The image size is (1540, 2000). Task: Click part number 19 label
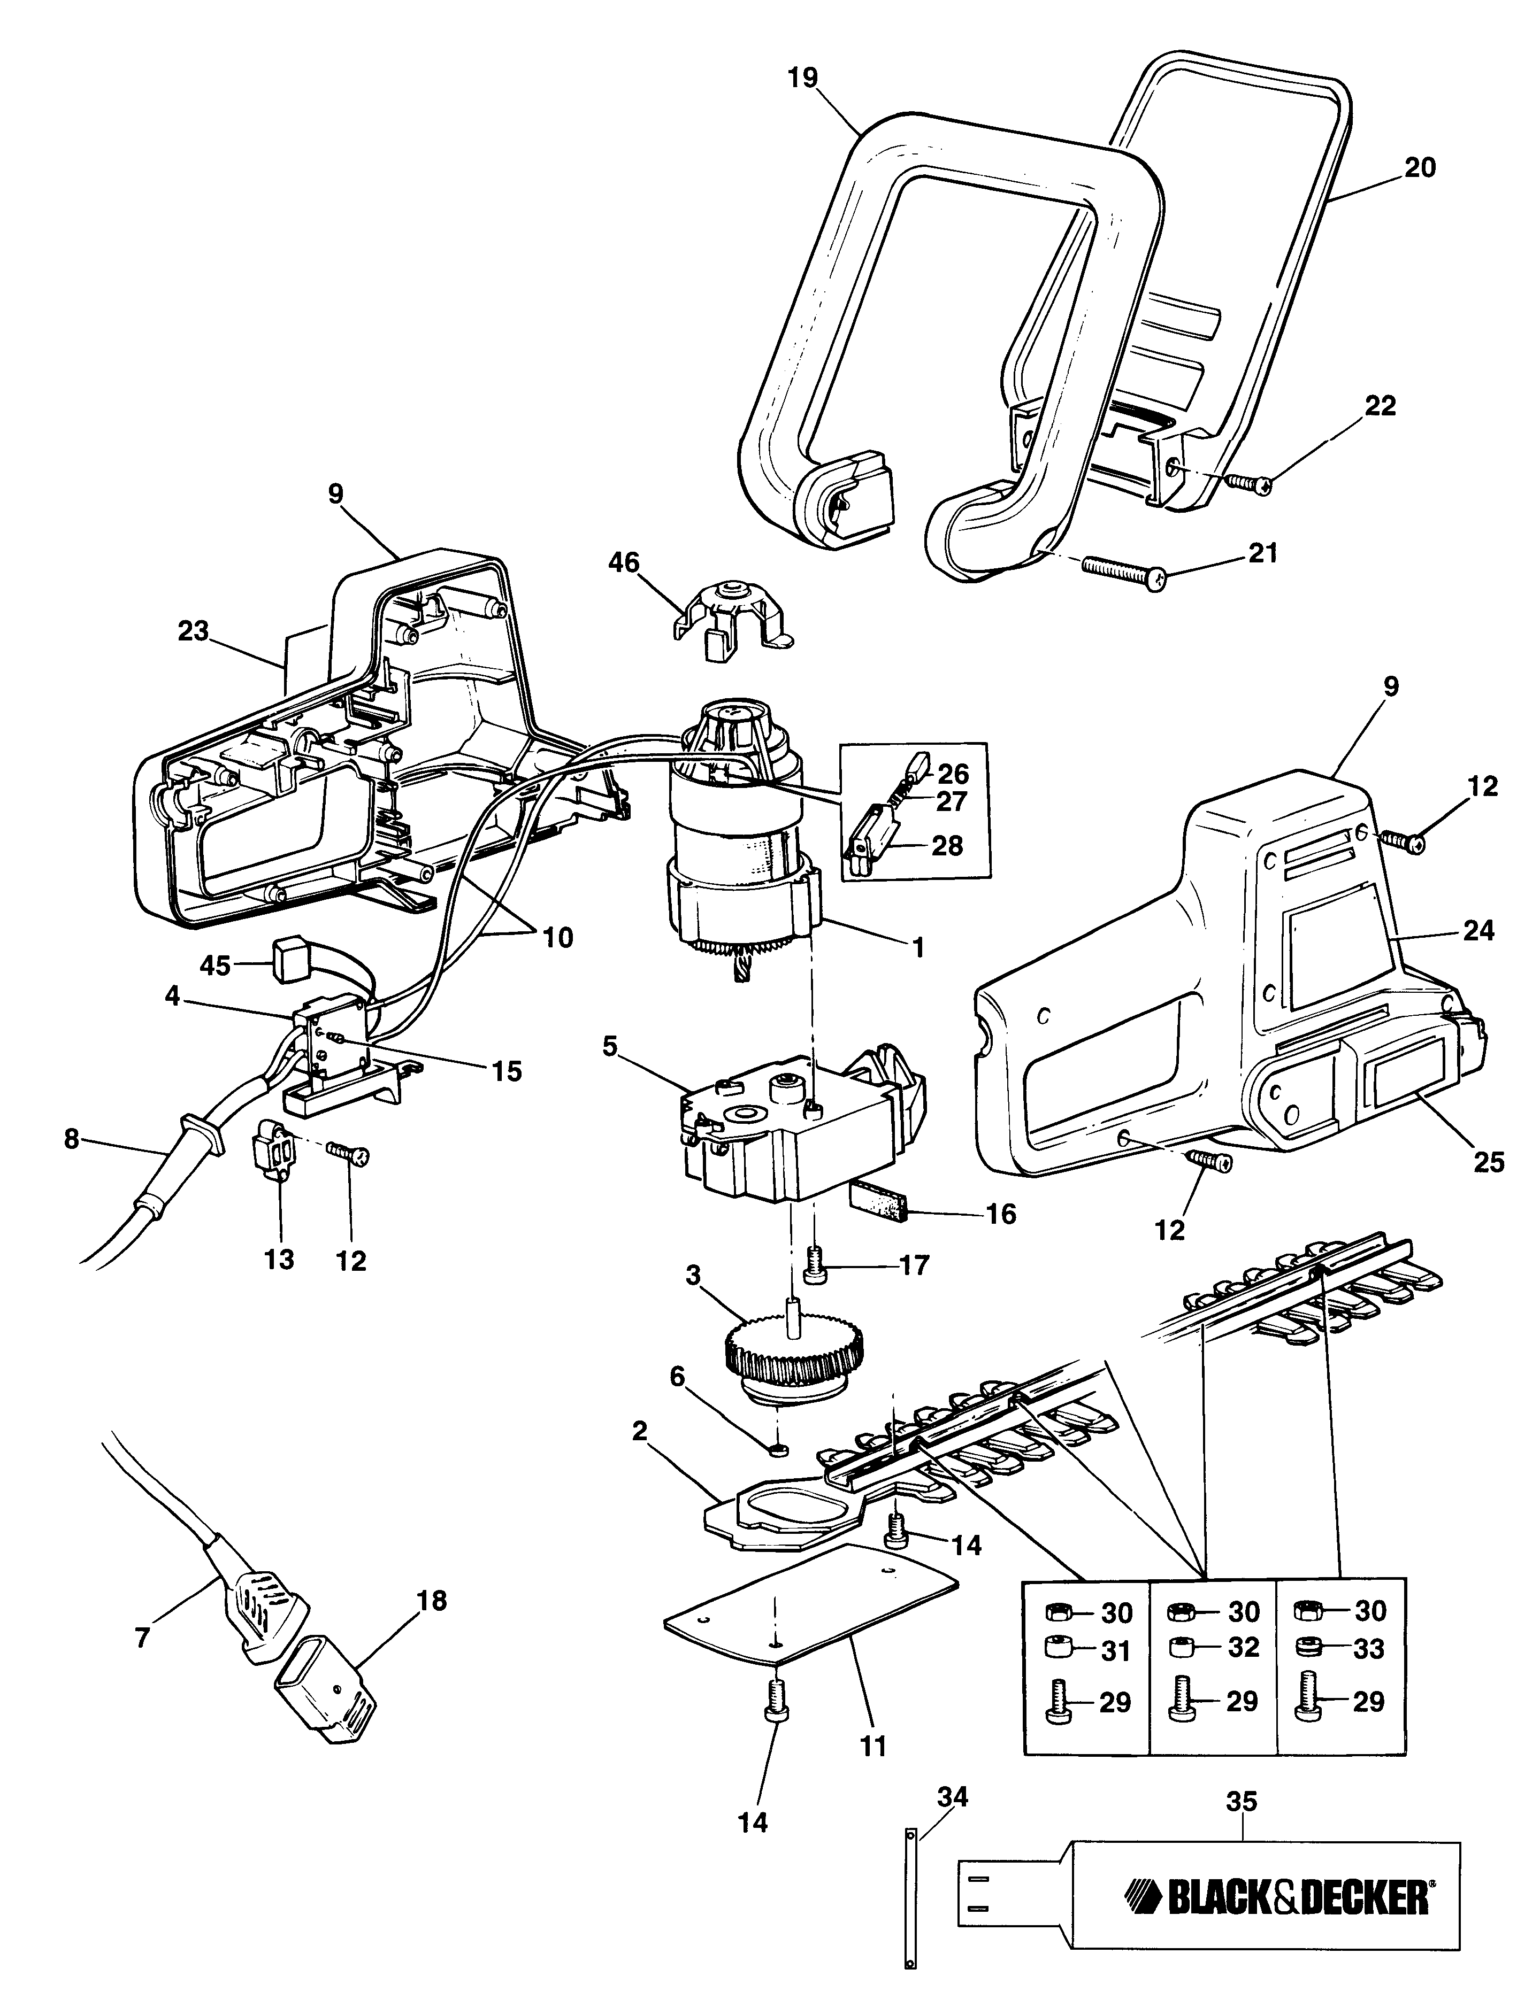click(x=802, y=78)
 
